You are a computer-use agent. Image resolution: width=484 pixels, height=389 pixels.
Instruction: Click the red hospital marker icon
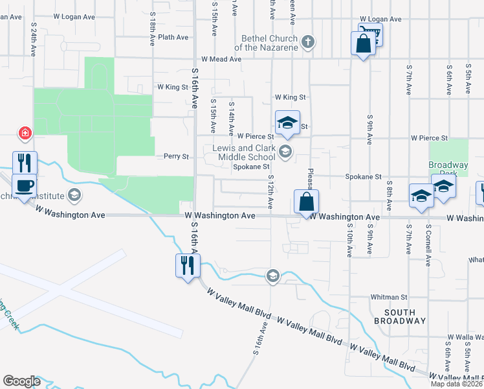point(25,134)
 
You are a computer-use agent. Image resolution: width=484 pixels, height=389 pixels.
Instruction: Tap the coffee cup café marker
point(25,187)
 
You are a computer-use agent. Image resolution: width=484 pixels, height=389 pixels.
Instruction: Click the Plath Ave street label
point(173,37)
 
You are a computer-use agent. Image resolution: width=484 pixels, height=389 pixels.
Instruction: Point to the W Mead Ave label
point(221,58)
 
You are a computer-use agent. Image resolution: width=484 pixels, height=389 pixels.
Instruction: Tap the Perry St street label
point(176,156)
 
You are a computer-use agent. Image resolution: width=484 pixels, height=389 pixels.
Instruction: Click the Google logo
point(21,381)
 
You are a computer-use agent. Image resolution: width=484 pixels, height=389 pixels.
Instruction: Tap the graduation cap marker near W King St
point(287,123)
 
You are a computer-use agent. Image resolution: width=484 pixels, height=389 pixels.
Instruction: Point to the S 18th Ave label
point(152,31)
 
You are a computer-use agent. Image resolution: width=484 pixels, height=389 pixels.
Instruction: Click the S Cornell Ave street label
point(428,246)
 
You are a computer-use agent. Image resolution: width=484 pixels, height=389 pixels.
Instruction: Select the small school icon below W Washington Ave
point(273,277)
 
